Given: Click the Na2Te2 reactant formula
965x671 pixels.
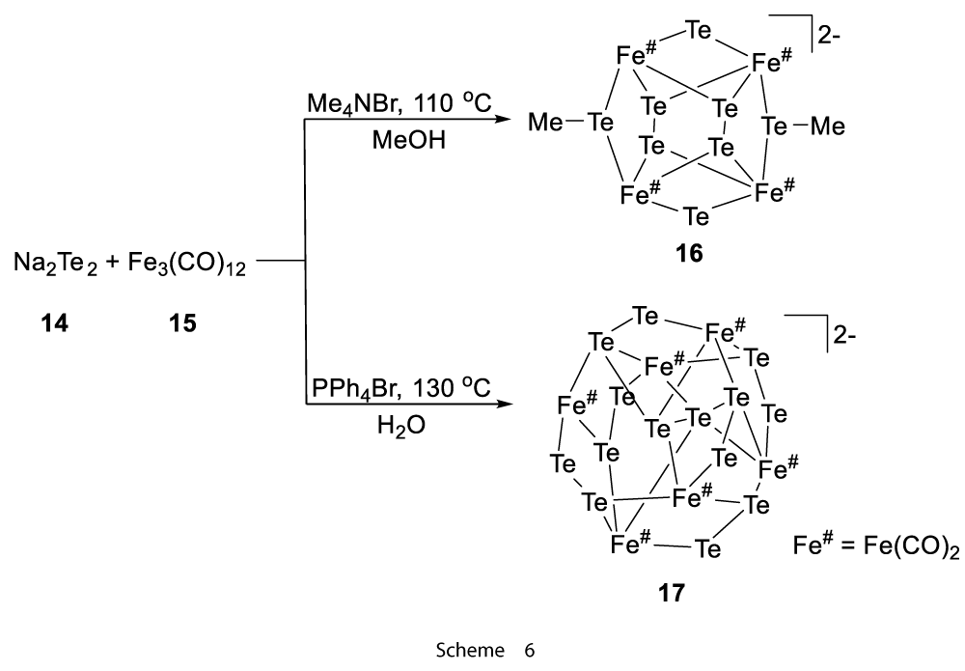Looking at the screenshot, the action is point(55,265).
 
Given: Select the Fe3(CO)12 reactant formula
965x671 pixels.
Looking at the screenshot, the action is point(187,266).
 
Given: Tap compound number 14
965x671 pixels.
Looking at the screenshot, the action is point(55,322).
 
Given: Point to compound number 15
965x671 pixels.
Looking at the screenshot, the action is point(182,322).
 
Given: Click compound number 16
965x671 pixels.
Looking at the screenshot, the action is point(689,253).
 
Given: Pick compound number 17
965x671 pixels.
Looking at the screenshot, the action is point(671,594).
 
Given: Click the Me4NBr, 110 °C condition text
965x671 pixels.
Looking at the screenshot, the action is point(400,102).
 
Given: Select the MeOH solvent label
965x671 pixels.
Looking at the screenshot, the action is point(408,141).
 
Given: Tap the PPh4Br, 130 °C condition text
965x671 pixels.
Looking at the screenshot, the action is point(401,388).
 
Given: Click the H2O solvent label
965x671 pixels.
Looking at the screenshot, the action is point(401,426).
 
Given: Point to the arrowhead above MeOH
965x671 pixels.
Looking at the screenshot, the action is point(503,120).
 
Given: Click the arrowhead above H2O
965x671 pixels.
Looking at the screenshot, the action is point(503,405).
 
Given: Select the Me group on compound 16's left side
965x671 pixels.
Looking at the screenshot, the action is point(545,124).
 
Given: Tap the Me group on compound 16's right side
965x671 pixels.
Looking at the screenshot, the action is point(828,126).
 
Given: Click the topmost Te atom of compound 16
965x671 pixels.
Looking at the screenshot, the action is point(699,30).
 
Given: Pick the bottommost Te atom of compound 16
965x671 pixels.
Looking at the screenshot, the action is point(696,216).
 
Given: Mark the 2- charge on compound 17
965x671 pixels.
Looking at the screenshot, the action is point(844,336).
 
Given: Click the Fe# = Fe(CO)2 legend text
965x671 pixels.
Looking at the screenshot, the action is point(876,545).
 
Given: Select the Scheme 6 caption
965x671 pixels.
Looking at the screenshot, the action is point(485,650).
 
